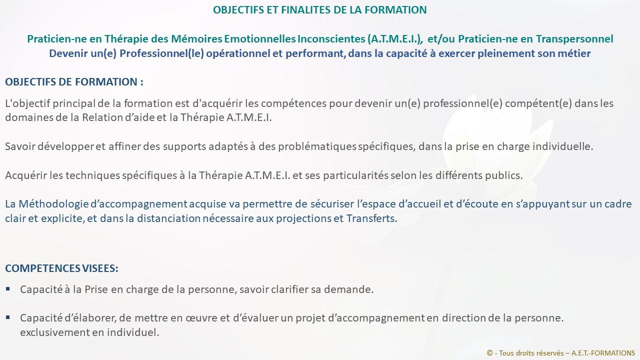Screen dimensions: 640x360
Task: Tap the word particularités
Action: coord(355,175)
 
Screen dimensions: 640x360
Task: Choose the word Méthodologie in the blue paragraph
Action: coord(53,204)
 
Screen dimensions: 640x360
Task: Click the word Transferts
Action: coord(371,218)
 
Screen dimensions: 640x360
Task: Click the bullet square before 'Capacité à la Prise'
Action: coord(7,289)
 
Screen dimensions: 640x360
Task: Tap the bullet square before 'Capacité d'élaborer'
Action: coord(7,317)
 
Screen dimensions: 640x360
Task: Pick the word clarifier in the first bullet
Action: coord(289,289)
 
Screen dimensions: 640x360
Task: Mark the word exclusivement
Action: coord(54,332)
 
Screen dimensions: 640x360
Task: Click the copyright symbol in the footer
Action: coord(489,353)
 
